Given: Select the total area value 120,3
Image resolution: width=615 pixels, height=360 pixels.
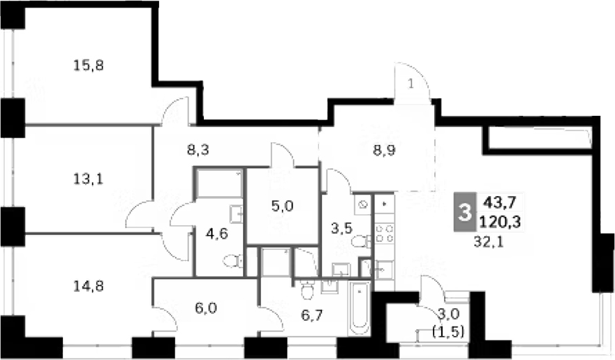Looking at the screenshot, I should [501, 223].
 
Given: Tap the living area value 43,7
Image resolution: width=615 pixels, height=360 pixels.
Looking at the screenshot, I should [501, 203].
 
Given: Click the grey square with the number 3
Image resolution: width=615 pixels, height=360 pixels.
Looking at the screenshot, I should [462, 212].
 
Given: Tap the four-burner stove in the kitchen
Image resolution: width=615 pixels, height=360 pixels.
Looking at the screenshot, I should [383, 232].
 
